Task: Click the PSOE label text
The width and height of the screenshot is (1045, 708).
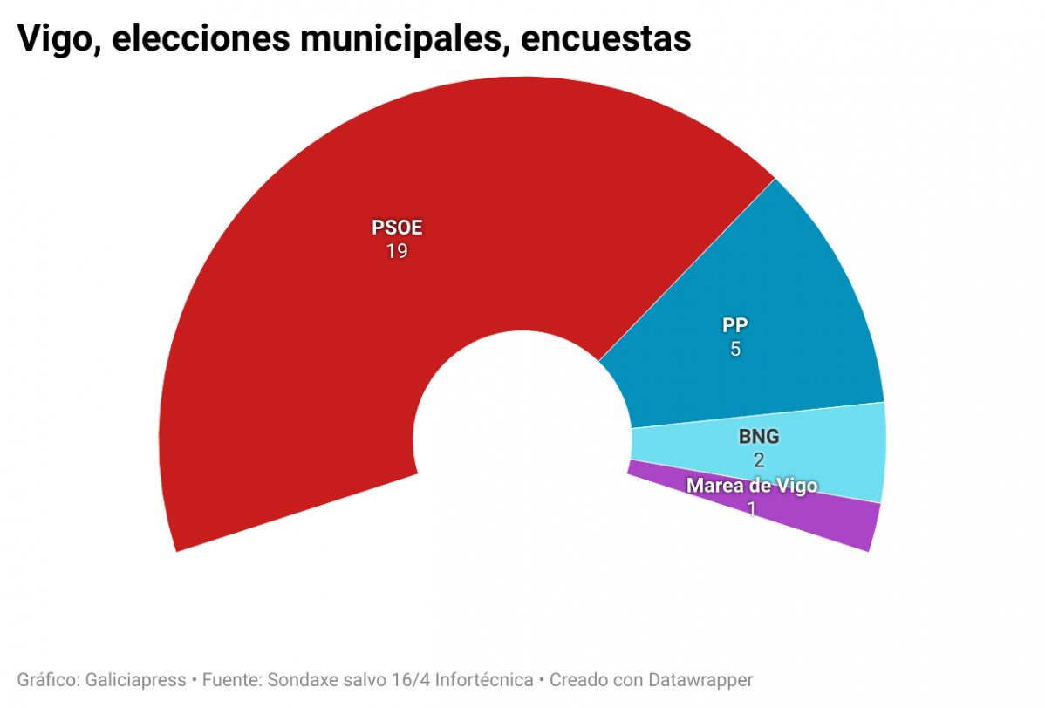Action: (x=397, y=228)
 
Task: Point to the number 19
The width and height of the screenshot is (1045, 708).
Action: (x=397, y=252)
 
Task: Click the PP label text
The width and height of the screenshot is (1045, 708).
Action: (x=735, y=325)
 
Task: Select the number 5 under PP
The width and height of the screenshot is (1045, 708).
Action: (x=735, y=349)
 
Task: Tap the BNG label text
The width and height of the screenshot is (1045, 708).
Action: (x=758, y=438)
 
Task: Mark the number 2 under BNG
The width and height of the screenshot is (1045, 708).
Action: (x=758, y=460)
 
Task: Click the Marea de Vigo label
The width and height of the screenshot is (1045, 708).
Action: (x=752, y=486)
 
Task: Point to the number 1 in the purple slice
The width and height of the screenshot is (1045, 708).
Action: (x=752, y=507)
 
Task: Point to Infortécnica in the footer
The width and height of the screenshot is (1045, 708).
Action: (x=485, y=679)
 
